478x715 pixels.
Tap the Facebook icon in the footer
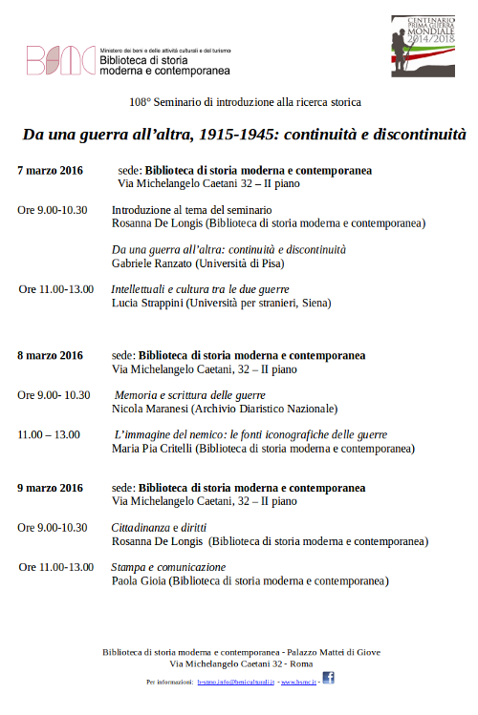pos(327,678)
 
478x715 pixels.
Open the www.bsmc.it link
pos(298,683)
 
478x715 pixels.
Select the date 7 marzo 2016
pos(50,170)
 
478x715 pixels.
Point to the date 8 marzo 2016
pos(50,355)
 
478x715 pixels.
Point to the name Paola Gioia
pos(138,579)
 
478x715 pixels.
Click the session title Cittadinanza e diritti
pos(159,527)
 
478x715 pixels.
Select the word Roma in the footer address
pos(302,662)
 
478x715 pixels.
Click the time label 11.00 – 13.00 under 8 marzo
pos(49,434)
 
